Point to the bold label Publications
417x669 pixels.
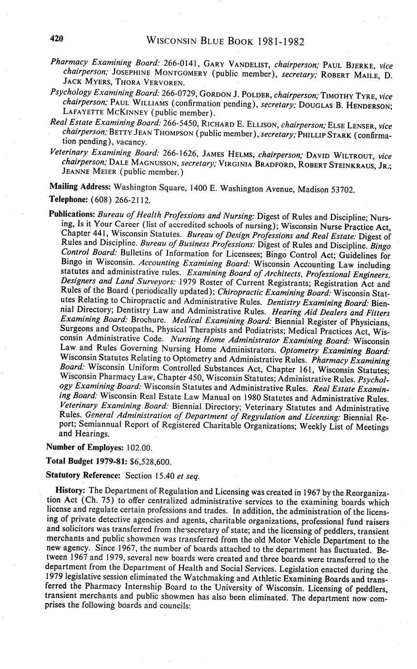72,214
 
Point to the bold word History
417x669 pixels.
71,491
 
